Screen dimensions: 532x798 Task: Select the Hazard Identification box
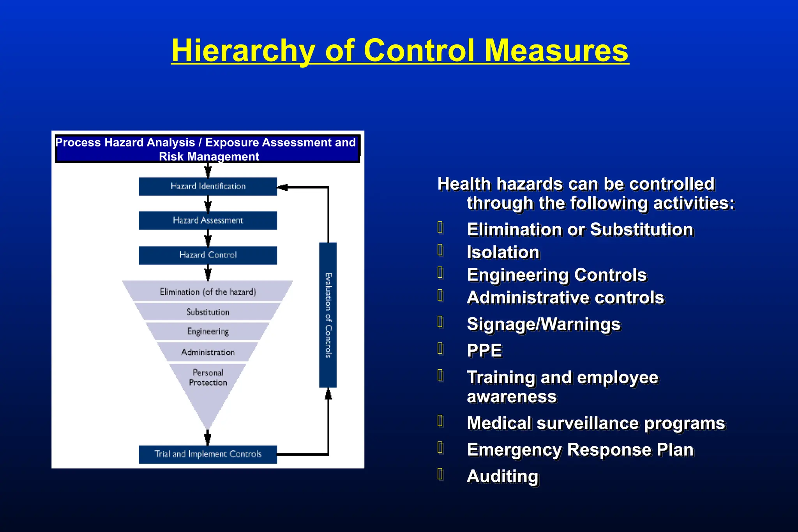point(208,187)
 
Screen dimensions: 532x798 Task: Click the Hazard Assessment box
point(208,220)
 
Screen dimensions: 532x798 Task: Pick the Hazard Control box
point(208,255)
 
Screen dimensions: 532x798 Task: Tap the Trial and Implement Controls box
point(208,454)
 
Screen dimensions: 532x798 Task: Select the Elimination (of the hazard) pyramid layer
point(208,292)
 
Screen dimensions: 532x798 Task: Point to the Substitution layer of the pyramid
point(208,312)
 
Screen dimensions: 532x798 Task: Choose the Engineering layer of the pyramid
point(208,331)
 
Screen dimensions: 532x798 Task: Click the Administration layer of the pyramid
point(208,352)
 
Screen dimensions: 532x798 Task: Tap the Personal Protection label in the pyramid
point(208,377)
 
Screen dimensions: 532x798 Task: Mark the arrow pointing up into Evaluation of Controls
point(328,394)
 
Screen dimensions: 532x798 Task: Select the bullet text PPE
point(484,351)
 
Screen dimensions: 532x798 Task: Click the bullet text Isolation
point(503,252)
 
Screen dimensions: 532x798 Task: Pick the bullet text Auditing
point(503,476)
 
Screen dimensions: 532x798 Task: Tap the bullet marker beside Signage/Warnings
point(440,322)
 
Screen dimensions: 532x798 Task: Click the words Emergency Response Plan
point(580,450)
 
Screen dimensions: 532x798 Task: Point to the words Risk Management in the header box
point(209,157)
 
